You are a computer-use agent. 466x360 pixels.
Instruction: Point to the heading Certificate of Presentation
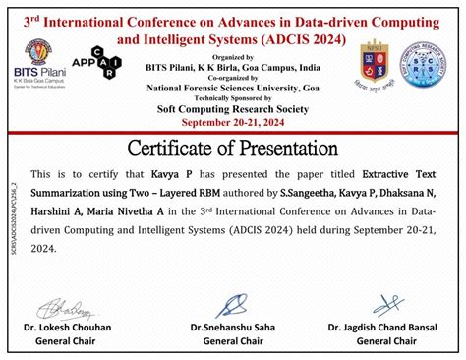(233, 148)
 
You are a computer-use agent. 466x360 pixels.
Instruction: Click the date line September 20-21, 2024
(233, 122)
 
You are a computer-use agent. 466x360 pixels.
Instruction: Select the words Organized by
(233, 57)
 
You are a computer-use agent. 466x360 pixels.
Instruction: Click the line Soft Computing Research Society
(233, 109)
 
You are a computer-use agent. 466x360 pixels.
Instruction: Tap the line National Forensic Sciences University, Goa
(233, 88)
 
